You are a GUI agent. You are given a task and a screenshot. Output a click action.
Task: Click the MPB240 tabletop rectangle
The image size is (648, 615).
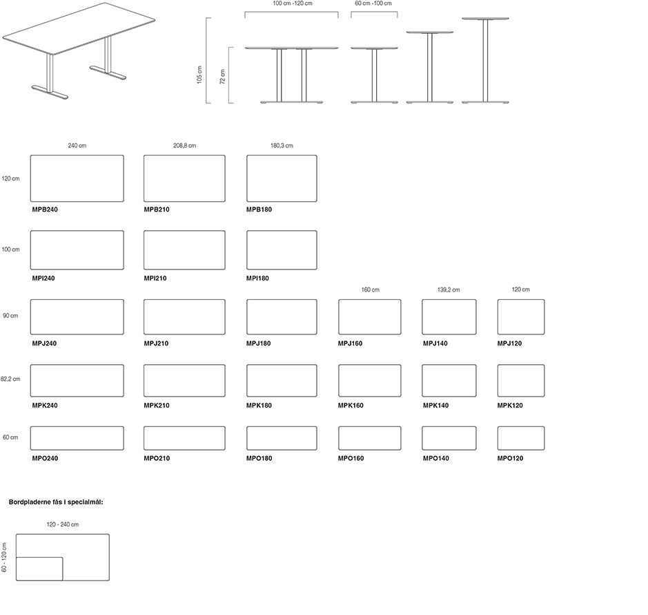click(77, 178)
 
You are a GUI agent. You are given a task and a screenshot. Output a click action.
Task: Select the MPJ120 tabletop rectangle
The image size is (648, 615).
click(521, 317)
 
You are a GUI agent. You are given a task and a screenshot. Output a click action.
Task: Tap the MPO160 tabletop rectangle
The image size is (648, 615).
click(369, 438)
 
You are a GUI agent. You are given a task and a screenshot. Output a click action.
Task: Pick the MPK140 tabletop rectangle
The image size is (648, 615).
click(449, 381)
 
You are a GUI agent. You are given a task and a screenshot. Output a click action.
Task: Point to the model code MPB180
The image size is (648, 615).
click(259, 209)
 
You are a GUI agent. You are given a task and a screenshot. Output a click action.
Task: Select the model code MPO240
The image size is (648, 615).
click(45, 459)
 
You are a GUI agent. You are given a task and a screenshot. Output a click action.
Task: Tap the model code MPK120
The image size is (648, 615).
click(511, 406)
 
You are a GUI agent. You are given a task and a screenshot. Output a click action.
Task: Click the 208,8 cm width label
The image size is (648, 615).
click(184, 146)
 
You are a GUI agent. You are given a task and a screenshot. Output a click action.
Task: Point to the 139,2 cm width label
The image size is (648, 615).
click(449, 290)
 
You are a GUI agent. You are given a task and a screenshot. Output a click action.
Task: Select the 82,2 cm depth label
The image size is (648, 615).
click(10, 379)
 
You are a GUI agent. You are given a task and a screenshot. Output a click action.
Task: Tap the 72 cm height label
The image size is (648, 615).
click(222, 76)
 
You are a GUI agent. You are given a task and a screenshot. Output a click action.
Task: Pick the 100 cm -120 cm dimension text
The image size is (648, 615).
click(293, 4)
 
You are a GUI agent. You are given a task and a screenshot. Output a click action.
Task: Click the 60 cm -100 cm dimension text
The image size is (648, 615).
click(373, 4)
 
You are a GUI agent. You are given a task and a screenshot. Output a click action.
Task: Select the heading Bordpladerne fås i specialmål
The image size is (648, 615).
click(56, 502)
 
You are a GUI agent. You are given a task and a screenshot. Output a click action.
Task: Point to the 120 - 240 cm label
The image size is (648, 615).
click(63, 525)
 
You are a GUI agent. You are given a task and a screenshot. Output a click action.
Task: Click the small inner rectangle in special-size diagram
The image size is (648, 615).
click(39, 569)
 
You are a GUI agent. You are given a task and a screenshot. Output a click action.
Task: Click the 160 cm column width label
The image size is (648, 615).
click(370, 290)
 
